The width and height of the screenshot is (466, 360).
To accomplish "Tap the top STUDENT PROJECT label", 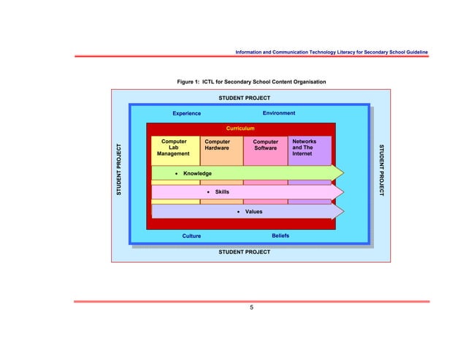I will click(245, 98).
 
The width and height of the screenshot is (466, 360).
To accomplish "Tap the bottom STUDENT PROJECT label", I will click(245, 252).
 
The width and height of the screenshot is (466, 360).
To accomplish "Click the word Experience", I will click(186, 114).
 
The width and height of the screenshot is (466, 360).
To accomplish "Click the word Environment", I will click(279, 113).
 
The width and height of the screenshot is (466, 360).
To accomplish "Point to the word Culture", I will click(191, 237).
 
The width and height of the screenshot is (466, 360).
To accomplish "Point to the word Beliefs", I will click(280, 236).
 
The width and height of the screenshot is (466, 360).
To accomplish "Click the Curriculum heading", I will click(240, 129).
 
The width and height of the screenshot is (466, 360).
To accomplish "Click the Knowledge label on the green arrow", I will click(197, 173).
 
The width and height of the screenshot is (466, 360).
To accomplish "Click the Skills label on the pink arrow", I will click(221, 192).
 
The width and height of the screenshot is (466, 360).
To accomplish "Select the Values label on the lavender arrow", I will click(253, 211).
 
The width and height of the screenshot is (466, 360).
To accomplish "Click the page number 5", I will click(252, 308).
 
